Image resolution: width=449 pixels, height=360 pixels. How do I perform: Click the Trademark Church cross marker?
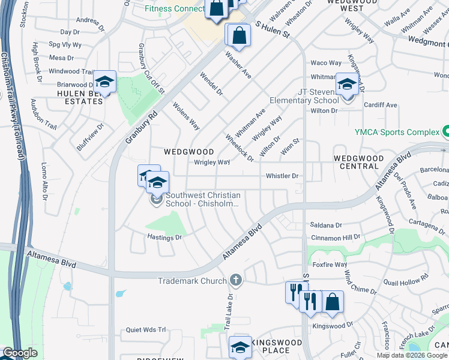[236, 280]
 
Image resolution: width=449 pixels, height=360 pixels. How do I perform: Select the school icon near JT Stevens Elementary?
[346, 83]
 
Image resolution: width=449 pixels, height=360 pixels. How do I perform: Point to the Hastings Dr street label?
[164, 238]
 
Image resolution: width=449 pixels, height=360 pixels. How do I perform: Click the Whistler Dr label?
[282, 176]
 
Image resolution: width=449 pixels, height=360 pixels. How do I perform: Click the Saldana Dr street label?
[326, 225]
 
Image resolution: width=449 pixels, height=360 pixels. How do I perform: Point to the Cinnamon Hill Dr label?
[336, 238]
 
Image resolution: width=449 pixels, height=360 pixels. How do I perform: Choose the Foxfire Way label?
[330, 264]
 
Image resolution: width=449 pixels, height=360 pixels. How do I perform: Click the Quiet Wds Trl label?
[145, 330]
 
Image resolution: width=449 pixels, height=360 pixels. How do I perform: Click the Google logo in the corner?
[20, 353]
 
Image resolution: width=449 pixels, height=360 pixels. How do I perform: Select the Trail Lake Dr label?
[229, 306]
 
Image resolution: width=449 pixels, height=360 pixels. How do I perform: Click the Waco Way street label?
[325, 63]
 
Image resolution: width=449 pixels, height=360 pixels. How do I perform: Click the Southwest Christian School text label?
[203, 199]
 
